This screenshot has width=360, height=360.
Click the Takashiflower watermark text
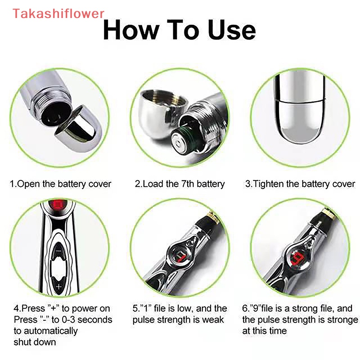click(x=58, y=13)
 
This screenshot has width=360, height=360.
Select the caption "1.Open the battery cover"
click(x=61, y=184)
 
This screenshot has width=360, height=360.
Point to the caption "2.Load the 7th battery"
click(x=180, y=184)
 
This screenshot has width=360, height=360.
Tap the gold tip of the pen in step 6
click(x=333, y=215)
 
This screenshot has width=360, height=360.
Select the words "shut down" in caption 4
click(x=35, y=342)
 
